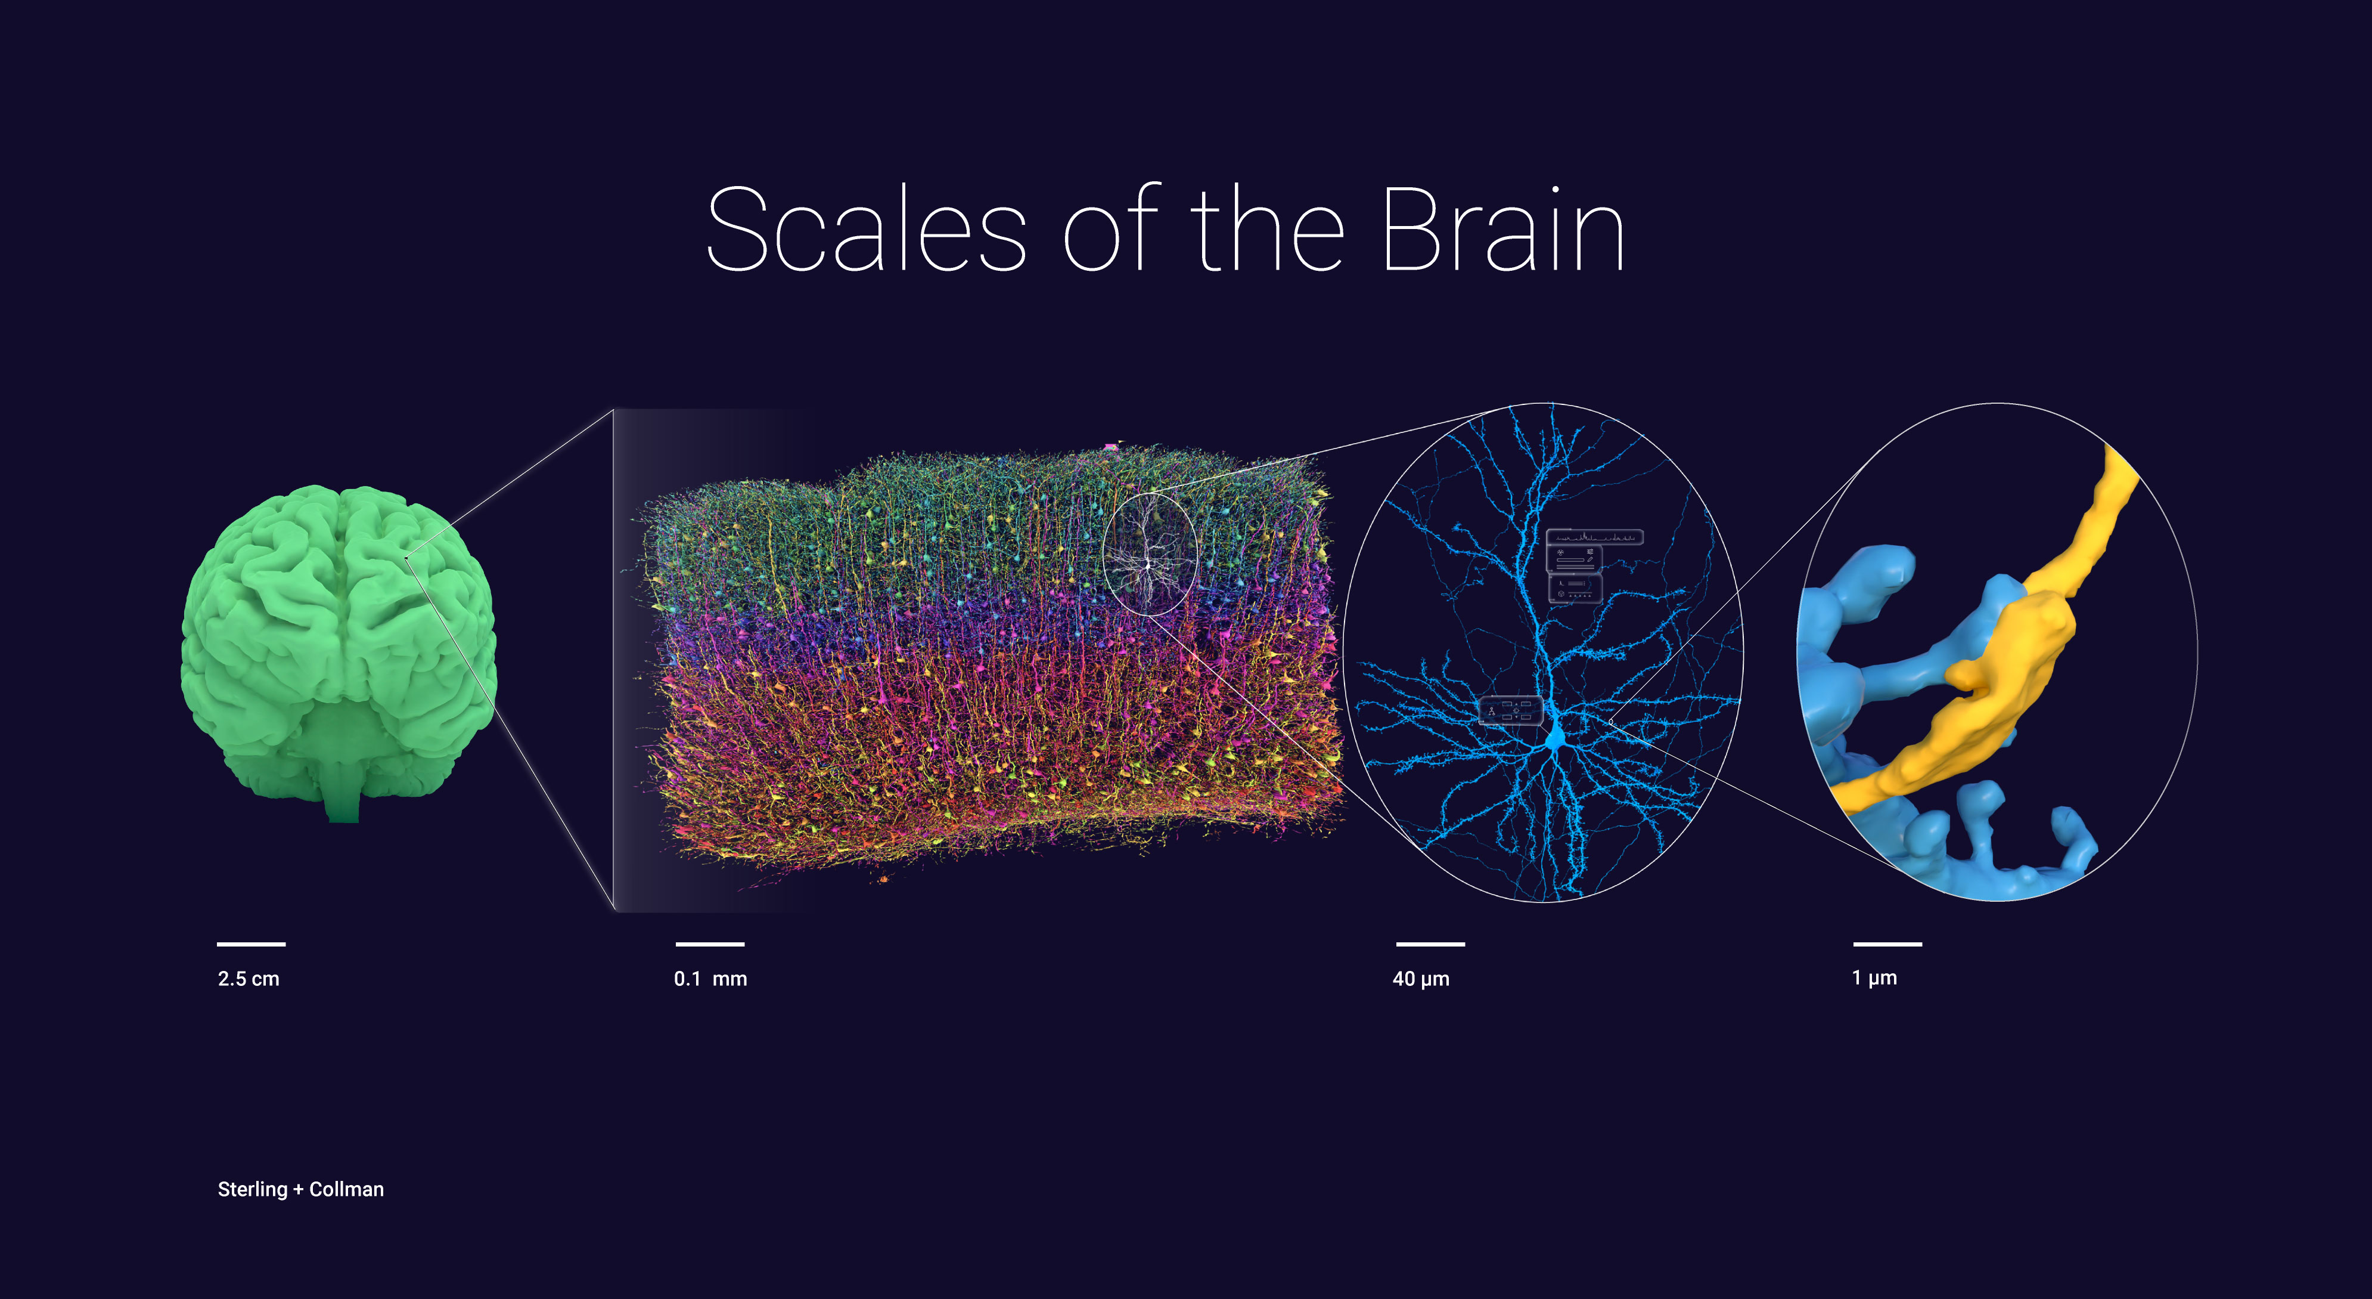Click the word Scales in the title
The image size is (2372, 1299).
[x=865, y=230]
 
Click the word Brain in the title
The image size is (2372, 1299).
[x=1502, y=230]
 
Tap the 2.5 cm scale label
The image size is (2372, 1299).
[x=249, y=978]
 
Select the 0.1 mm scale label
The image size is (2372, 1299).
[x=710, y=978]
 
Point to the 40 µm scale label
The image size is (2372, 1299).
[x=1421, y=978]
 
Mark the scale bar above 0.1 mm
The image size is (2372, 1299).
[x=709, y=944]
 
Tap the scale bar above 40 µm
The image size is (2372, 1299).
[x=1430, y=944]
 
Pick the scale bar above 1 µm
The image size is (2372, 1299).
[x=1887, y=944]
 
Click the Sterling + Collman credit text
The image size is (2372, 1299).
[x=300, y=1189]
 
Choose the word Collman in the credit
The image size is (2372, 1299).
[x=346, y=1189]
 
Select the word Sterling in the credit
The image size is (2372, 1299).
[x=252, y=1189]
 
